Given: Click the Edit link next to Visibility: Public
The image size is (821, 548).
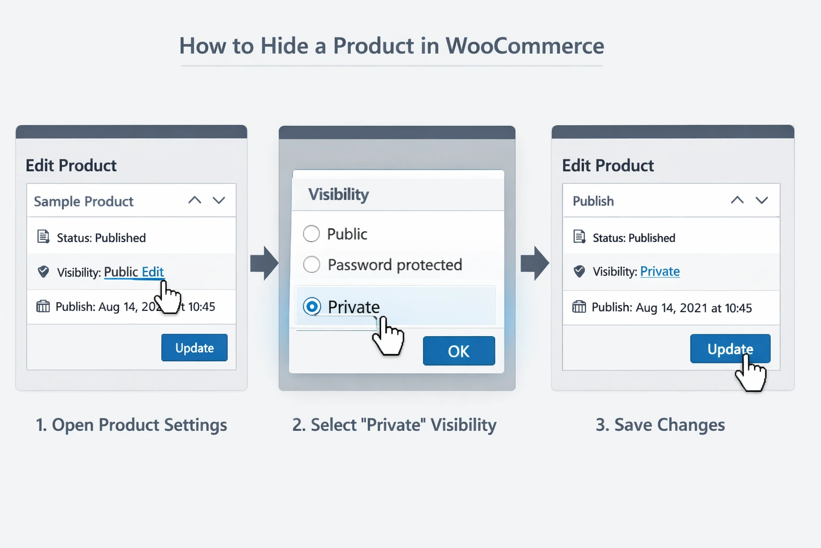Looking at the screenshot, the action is (x=152, y=272).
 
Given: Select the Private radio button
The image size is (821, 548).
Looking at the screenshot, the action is (x=312, y=306).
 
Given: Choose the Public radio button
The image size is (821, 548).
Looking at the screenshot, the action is (x=311, y=233).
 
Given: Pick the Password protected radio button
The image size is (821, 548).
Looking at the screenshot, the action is (x=312, y=264).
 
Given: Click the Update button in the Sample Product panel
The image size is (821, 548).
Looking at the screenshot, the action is (x=194, y=348).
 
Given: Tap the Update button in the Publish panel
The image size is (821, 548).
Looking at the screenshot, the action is (x=730, y=349).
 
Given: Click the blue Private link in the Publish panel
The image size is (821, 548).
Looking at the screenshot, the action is (x=660, y=271).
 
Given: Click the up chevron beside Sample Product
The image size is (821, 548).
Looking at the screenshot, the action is (x=195, y=200).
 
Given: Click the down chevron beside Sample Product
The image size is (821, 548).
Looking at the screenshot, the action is (x=219, y=200).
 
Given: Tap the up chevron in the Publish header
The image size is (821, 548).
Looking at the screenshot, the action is (x=737, y=200).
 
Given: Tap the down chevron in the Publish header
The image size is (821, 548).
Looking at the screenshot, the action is (x=762, y=200).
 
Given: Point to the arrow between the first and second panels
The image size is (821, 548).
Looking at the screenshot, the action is (x=264, y=263).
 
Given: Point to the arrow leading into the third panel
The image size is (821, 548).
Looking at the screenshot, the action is (x=535, y=263).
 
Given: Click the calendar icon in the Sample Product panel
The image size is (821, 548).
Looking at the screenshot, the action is (x=43, y=306).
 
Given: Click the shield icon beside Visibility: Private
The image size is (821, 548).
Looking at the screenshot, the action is (x=579, y=271).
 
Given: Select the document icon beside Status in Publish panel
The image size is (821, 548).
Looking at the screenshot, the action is (x=579, y=237).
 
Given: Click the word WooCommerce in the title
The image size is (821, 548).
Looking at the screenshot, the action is (x=524, y=46).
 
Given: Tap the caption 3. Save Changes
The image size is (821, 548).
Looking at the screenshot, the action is (x=660, y=425).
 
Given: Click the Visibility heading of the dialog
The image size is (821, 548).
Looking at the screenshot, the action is (x=338, y=194).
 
